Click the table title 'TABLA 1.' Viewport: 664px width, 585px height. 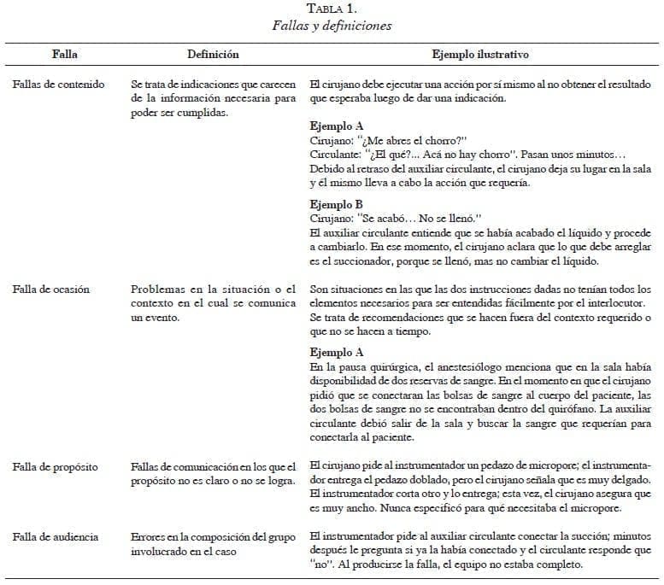coord(332,9)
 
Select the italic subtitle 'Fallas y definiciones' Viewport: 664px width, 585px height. coord(332,26)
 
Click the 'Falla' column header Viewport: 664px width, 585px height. coord(64,55)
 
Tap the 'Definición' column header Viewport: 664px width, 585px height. coord(213,55)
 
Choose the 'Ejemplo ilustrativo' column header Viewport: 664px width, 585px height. coord(480,55)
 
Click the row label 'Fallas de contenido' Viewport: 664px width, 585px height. coord(59,85)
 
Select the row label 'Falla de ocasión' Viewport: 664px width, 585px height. coord(51,290)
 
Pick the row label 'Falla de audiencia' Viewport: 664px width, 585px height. coord(56,537)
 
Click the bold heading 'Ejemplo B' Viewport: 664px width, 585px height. coord(336,205)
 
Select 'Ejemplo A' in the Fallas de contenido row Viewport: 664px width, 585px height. coord(337,125)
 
